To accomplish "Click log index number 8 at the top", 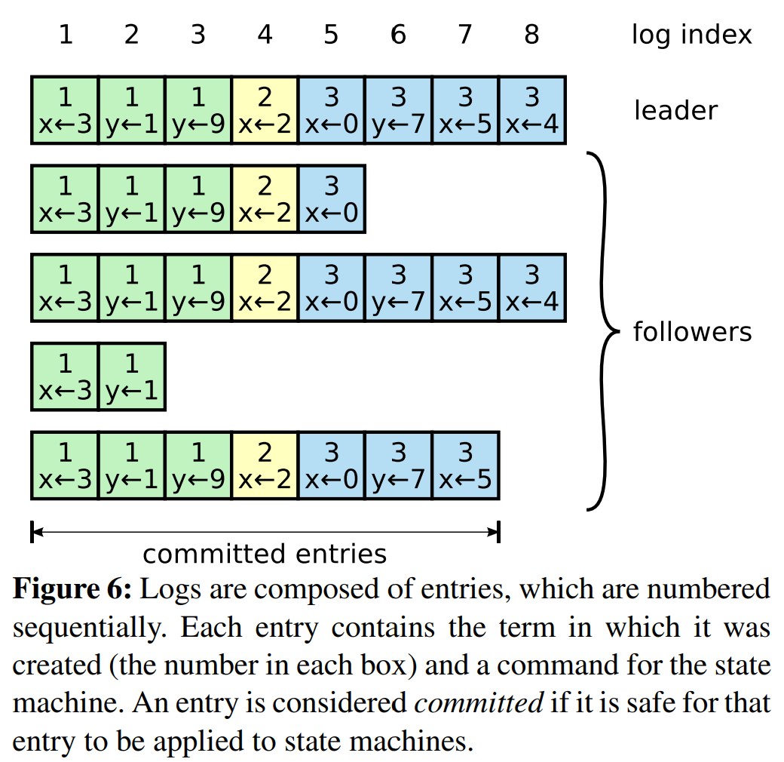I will tap(532, 35).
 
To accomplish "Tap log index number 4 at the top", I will tap(265, 35).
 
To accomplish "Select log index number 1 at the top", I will tap(66, 35).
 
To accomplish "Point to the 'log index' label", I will tap(691, 35).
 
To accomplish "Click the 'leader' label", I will tap(675, 111).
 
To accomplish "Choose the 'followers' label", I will tap(692, 331).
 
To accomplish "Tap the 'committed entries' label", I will tap(265, 555).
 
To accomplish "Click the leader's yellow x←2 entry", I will tap(265, 110).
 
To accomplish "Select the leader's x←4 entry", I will tap(532, 110).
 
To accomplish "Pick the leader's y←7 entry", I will tap(399, 110).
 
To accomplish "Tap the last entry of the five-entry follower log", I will tap(332, 199).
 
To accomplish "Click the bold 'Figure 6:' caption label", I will tap(72, 590).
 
